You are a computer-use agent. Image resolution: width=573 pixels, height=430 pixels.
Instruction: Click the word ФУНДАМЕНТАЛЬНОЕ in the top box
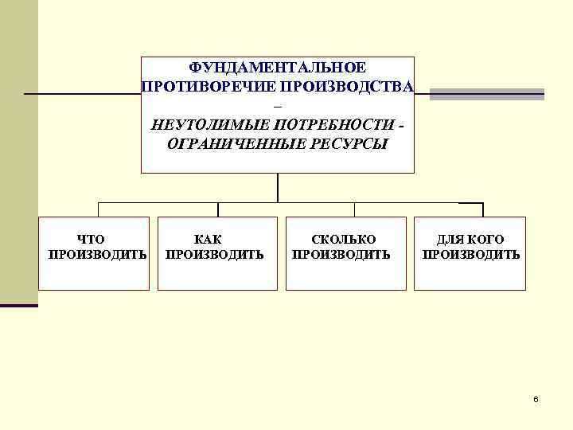click(278, 68)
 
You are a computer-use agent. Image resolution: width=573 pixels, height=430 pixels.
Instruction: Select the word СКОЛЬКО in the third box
click(343, 239)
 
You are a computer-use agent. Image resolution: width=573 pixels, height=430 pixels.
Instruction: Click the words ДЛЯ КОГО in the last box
click(470, 239)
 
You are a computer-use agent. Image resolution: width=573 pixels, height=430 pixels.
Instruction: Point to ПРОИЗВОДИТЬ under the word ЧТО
click(97, 255)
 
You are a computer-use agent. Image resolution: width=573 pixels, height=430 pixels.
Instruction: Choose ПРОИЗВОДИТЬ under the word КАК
click(214, 255)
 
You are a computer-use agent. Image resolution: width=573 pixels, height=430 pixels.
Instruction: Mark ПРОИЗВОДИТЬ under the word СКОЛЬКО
click(341, 255)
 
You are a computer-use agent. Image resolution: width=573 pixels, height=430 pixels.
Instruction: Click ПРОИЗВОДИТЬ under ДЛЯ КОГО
click(471, 255)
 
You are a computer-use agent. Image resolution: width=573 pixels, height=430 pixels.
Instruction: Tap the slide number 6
click(536, 398)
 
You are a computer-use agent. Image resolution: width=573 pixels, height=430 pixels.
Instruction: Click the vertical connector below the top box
click(278, 188)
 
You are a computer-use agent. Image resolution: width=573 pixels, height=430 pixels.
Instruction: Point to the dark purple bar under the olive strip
click(19, 306)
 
